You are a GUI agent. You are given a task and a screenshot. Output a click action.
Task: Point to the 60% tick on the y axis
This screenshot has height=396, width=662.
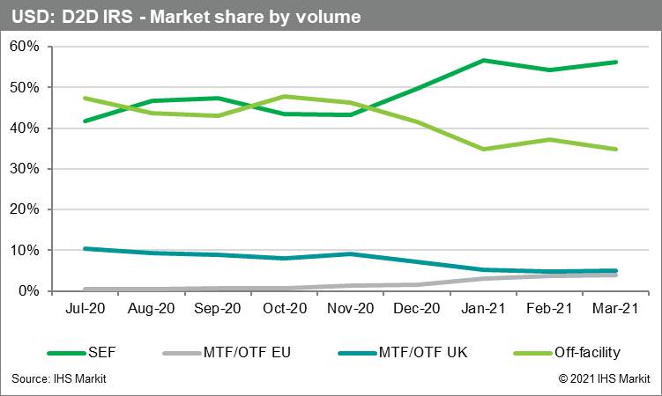tap(27, 47)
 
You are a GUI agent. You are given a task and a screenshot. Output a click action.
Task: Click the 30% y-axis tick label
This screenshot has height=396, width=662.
tap(27, 169)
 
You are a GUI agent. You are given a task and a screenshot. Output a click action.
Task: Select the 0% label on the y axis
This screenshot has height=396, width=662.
tap(31, 290)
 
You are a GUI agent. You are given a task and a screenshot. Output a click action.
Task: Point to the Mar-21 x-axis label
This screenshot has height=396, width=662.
tap(614, 310)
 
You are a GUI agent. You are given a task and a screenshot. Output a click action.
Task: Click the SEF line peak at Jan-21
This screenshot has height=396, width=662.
tap(484, 61)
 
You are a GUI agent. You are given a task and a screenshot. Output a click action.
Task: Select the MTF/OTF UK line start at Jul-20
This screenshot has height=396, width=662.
tap(84, 249)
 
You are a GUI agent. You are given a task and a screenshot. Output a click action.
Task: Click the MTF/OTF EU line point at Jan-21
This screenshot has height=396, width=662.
tap(484, 278)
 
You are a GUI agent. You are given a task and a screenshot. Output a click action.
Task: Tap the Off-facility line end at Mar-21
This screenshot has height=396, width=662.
tap(614, 149)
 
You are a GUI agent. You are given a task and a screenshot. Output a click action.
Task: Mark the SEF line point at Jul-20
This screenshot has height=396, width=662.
tap(84, 121)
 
